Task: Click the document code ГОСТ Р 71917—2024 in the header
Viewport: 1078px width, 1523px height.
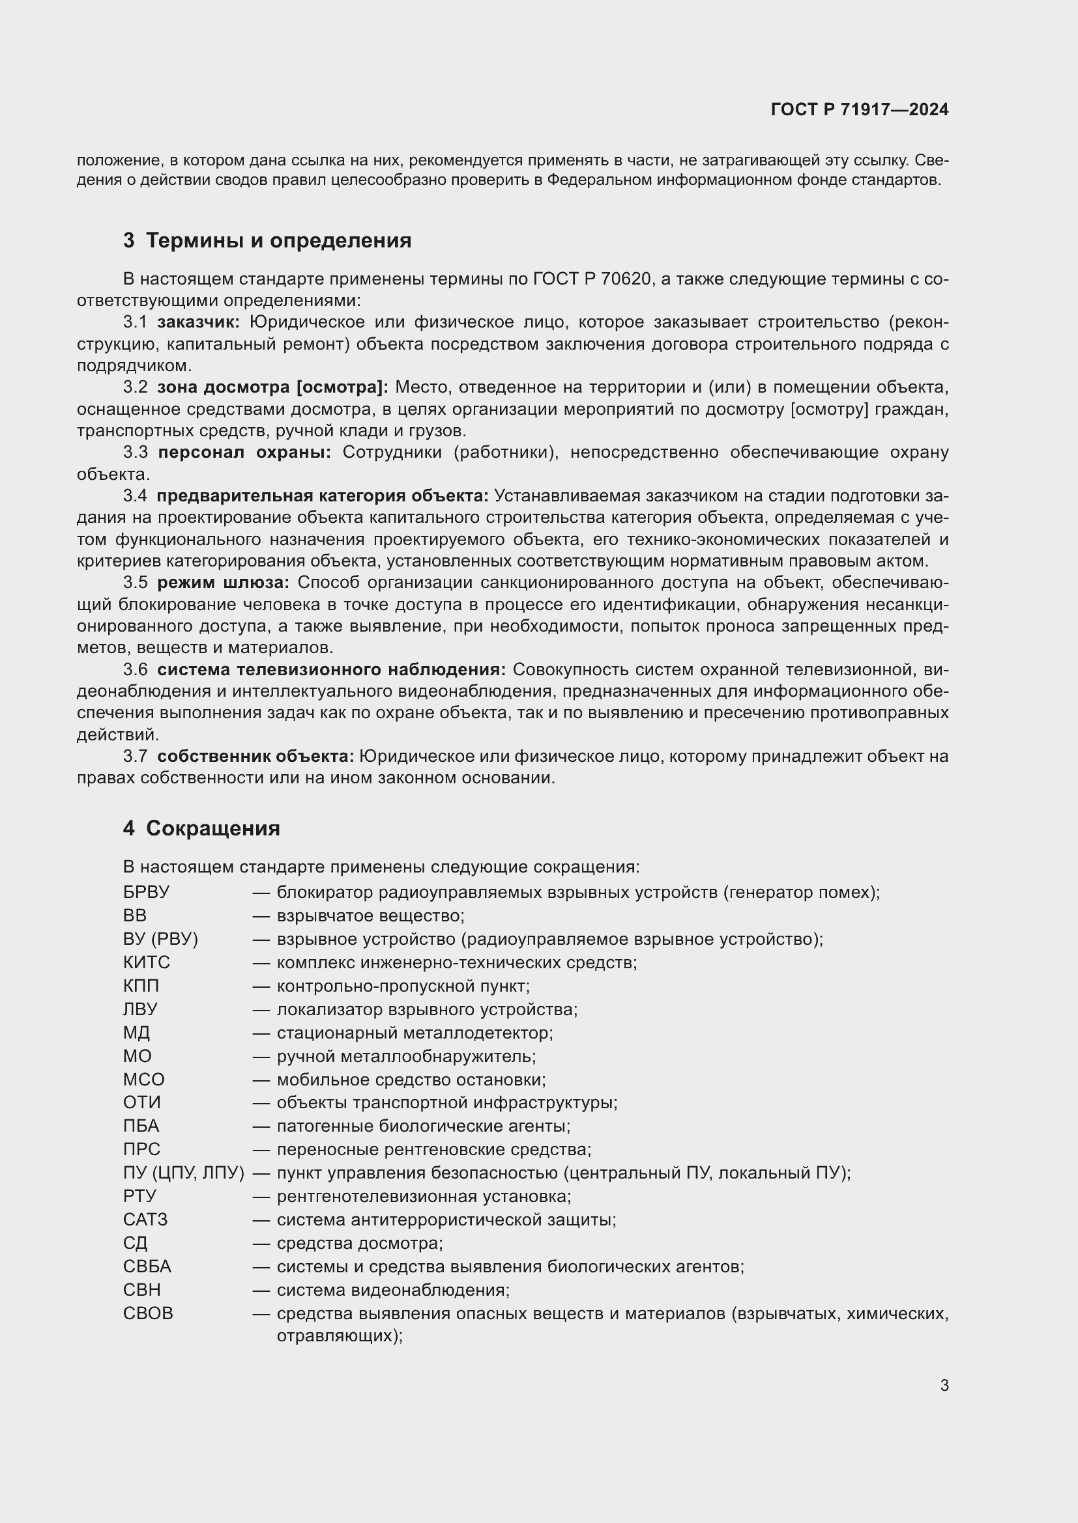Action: (x=860, y=110)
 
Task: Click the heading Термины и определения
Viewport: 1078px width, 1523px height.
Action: (x=278, y=240)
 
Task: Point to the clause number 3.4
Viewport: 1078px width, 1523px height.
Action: (x=135, y=496)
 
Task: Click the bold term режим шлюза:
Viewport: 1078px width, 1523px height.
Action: (x=223, y=582)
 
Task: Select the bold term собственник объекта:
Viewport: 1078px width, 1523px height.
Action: (x=255, y=756)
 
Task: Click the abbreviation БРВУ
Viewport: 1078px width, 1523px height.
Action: (x=146, y=892)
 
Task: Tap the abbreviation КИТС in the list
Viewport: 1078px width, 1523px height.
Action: (x=146, y=962)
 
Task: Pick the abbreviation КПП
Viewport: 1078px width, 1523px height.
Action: (x=141, y=986)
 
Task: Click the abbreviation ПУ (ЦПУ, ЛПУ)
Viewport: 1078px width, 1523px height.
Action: (x=183, y=1173)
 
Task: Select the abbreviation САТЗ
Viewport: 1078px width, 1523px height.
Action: (x=145, y=1220)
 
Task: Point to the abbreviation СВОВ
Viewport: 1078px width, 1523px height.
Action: (x=147, y=1313)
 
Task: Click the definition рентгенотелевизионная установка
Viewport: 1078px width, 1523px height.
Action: (x=424, y=1197)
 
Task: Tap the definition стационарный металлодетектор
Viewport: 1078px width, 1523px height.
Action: (x=415, y=1033)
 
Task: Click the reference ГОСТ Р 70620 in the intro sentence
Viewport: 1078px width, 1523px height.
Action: (x=590, y=279)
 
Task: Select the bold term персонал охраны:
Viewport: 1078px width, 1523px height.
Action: (x=244, y=453)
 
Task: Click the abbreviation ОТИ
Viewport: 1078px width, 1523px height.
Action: (x=141, y=1102)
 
